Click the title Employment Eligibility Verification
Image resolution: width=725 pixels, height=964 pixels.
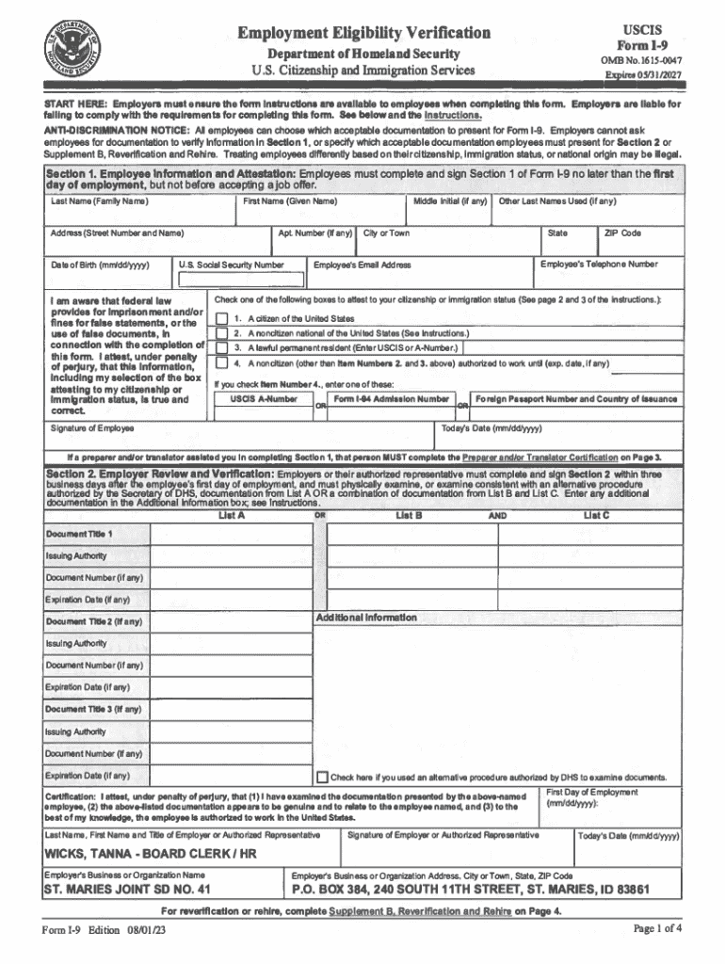pos(363,33)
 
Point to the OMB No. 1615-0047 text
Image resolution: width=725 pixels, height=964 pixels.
pos(643,61)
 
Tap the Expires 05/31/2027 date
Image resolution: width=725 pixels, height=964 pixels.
pos(643,74)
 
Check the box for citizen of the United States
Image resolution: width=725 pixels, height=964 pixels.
pos(221,318)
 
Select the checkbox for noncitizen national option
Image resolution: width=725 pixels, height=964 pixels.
pos(221,333)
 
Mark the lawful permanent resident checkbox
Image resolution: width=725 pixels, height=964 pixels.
pos(221,348)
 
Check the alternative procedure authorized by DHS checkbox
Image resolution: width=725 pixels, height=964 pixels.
pos(322,778)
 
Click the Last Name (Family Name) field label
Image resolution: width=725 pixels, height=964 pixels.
pos(99,201)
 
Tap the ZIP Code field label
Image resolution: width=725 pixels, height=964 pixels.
pos(623,233)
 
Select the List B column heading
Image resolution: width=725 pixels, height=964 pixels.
pos(409,515)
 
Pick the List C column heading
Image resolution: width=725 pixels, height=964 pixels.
pos(596,515)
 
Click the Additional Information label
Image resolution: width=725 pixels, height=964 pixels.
pos(366,618)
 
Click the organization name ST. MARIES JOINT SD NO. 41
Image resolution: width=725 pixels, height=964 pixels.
pos(128,889)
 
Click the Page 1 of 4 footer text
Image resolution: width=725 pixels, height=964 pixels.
pos(657,929)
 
